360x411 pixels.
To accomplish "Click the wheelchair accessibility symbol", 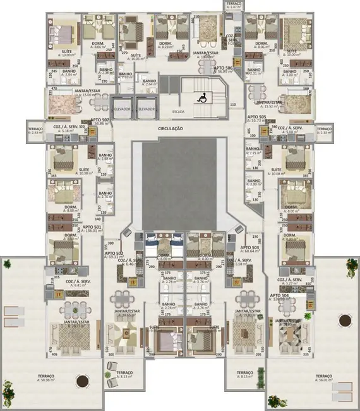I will point(203,97).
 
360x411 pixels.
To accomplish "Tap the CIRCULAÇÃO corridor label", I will point(171,128).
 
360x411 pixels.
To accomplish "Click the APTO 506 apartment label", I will point(223,68).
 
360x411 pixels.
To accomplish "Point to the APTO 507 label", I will point(101,120).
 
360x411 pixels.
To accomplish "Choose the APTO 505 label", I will point(257,117).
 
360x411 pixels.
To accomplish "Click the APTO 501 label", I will point(92,226).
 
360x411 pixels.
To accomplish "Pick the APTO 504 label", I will point(279,295).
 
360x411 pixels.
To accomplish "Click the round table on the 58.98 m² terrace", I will point(81,381).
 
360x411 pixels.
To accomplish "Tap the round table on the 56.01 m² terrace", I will point(344,321).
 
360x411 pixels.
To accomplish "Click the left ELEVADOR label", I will point(122,109).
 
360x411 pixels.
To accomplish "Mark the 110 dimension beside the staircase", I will point(232,105).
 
